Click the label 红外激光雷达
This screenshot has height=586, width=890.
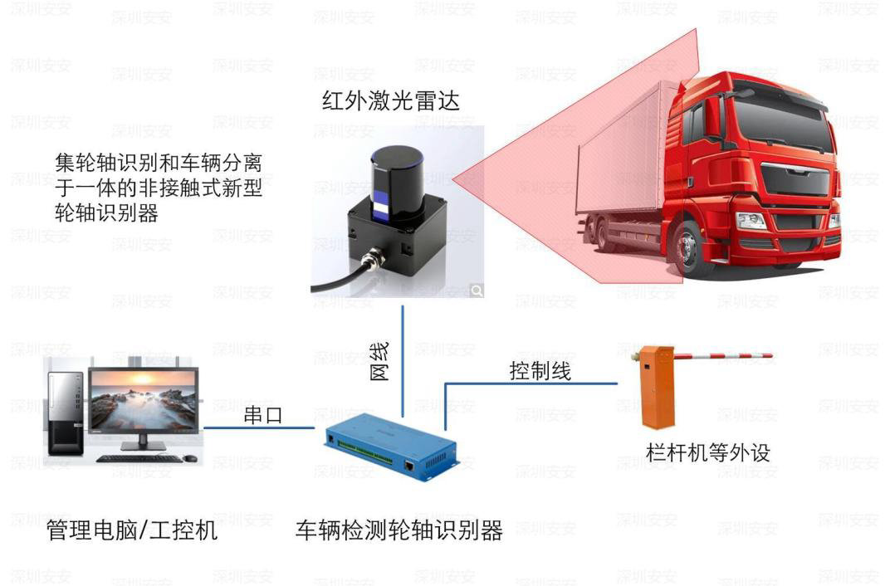coord(390,101)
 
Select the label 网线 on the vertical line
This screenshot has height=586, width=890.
coord(379,361)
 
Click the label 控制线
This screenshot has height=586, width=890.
coord(540,370)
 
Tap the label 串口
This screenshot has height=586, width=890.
coord(262,415)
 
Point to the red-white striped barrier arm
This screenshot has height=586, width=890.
coord(722,356)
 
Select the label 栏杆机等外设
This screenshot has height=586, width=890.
coord(708,452)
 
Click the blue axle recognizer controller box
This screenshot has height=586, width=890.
coord(390,449)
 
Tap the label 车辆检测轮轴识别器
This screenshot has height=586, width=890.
coord(399,530)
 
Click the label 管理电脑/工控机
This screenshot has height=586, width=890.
coord(132,530)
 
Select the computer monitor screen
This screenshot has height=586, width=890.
coord(143,402)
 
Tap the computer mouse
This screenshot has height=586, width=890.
coord(191,458)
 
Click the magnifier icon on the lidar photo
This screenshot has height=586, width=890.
coord(477,290)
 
